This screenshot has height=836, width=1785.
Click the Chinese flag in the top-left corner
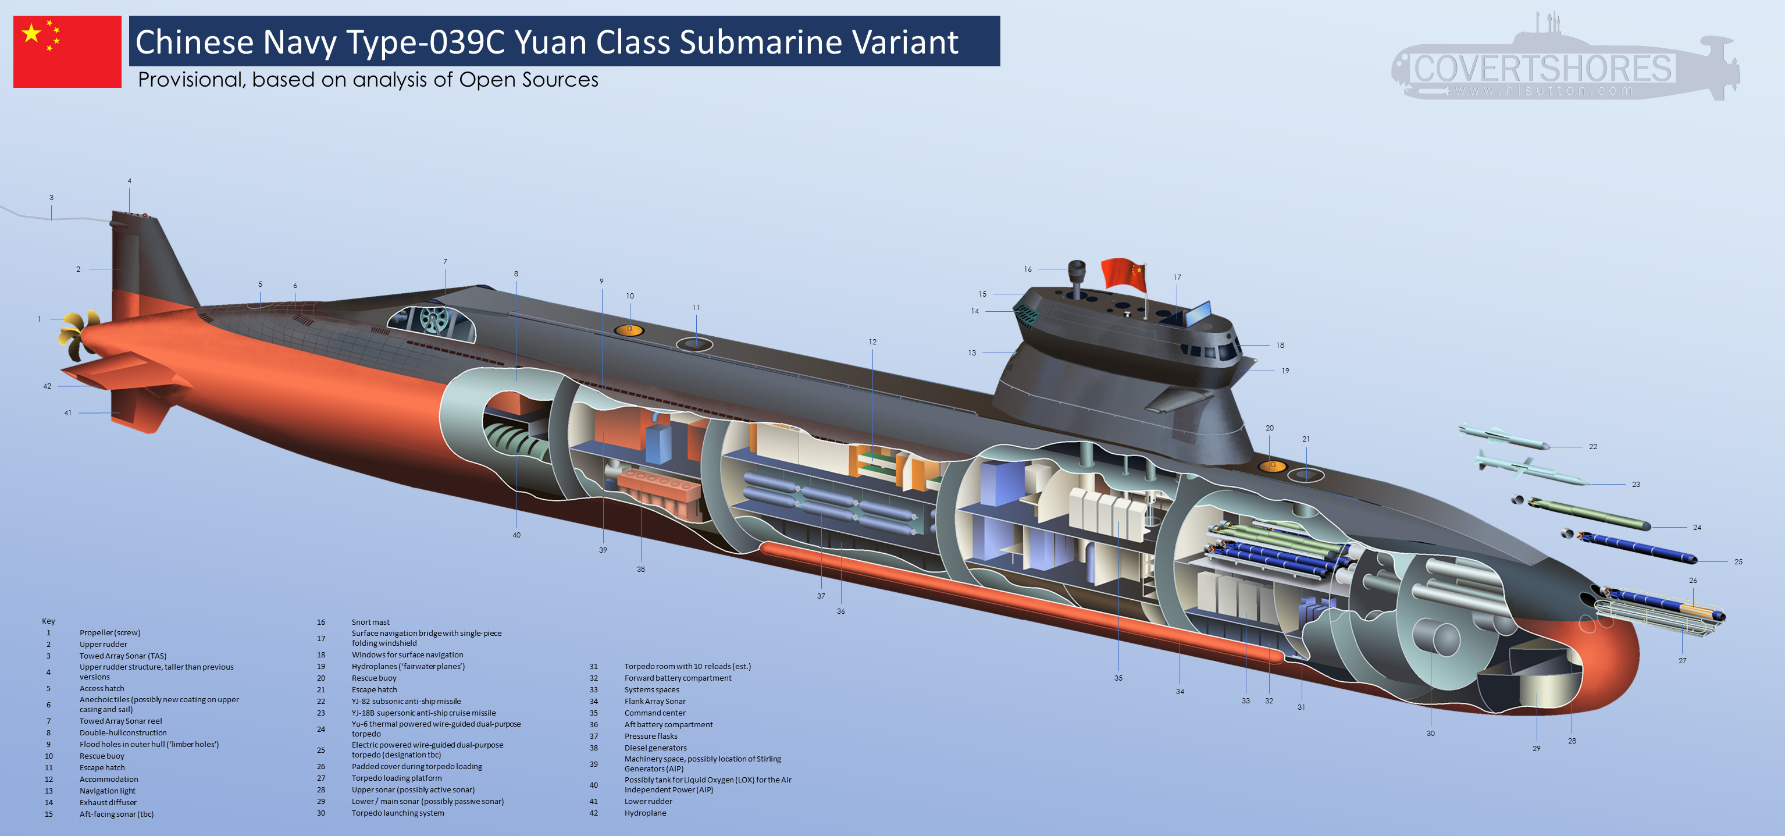click(x=67, y=51)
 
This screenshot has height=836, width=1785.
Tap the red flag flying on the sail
click(x=1124, y=275)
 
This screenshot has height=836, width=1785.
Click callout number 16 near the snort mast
click(x=1028, y=269)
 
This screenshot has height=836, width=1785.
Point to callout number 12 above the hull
click(x=872, y=341)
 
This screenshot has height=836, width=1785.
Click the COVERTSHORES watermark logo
click(x=1566, y=59)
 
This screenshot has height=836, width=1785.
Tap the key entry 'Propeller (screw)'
click(x=109, y=632)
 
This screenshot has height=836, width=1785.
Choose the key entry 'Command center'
click(x=655, y=713)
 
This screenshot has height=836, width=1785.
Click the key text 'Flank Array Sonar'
click(x=655, y=701)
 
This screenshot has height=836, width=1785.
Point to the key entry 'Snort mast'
click(x=370, y=622)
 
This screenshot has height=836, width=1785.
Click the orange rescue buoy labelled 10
click(x=629, y=330)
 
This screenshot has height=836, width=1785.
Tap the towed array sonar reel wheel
click(x=434, y=319)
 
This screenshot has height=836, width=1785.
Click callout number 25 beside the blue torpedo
click(x=1738, y=561)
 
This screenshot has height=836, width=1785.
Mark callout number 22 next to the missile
click(x=1593, y=446)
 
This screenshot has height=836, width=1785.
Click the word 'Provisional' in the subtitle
click(x=191, y=80)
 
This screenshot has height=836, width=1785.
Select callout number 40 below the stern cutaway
click(x=516, y=535)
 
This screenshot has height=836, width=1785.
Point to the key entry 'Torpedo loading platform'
click(x=396, y=778)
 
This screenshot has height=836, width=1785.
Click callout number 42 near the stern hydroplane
click(x=47, y=386)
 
